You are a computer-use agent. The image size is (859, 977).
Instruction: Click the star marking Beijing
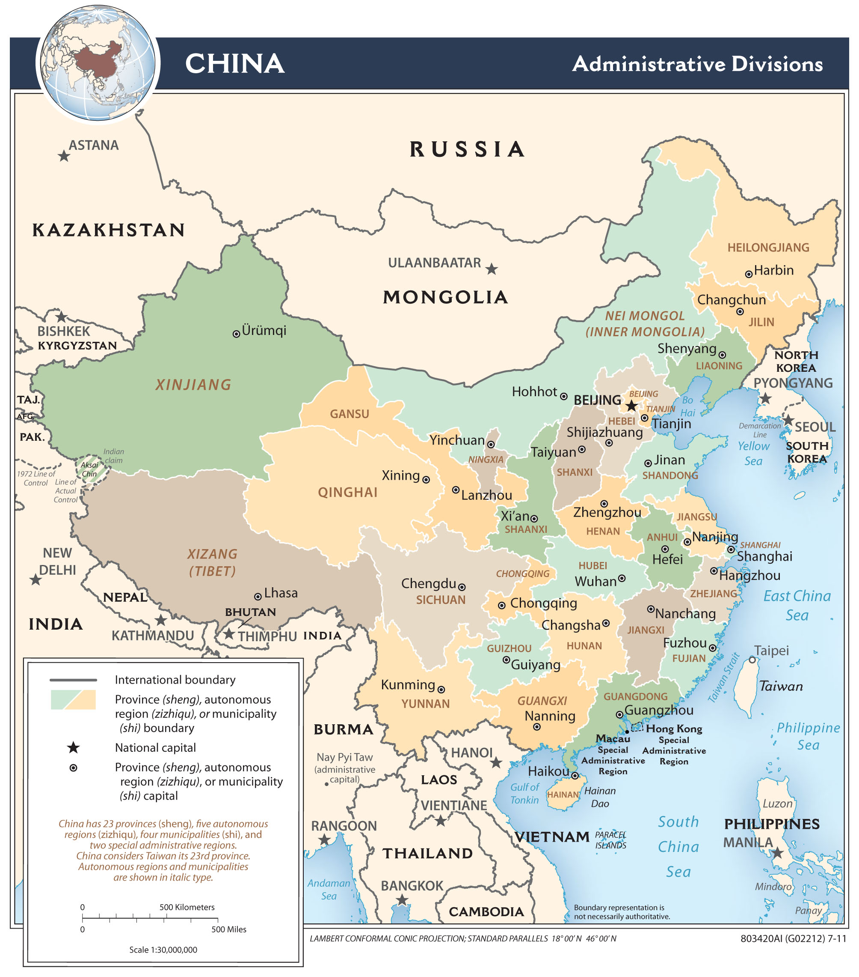(x=631, y=406)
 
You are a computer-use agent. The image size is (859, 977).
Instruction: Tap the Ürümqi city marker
(x=236, y=334)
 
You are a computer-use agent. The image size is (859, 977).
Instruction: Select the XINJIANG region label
(x=193, y=385)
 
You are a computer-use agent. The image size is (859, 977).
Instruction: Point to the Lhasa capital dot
(x=258, y=597)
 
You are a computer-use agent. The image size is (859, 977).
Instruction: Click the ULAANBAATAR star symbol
(x=492, y=269)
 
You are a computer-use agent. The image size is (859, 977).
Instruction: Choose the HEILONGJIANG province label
(x=768, y=248)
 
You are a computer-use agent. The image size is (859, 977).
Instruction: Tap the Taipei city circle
(x=752, y=660)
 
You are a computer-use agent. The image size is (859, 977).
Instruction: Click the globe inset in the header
(x=98, y=63)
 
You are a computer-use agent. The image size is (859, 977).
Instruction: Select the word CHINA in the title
(x=234, y=63)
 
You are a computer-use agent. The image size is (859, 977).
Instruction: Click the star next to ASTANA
(x=63, y=156)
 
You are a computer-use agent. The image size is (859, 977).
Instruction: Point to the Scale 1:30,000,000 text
(x=163, y=950)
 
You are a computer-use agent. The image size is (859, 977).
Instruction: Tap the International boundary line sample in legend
(x=73, y=680)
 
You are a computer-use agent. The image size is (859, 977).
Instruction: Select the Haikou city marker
(x=575, y=776)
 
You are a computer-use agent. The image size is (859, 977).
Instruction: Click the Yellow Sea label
(x=753, y=453)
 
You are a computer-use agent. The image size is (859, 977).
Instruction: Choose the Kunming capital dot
(x=441, y=690)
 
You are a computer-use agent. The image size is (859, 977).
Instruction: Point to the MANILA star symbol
(x=777, y=852)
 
